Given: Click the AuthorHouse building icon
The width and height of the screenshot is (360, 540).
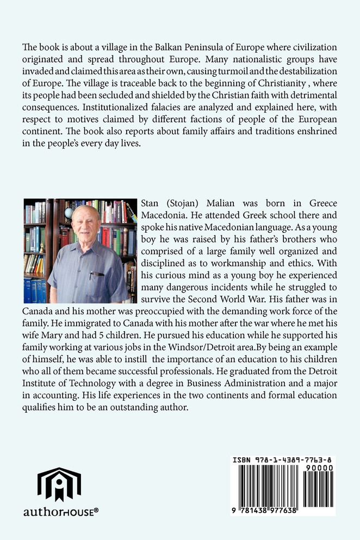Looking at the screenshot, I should tap(59, 483).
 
